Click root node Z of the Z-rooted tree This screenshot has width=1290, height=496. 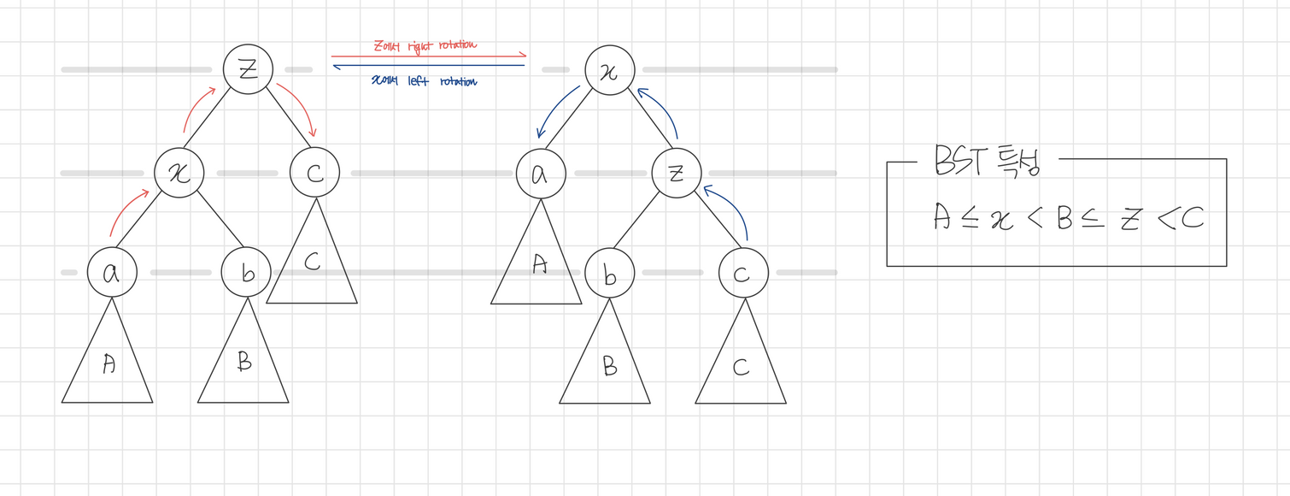click(248, 69)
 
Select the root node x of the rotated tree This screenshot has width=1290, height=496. click(609, 69)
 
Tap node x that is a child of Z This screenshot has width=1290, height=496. click(179, 172)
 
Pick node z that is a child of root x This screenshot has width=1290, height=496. click(677, 173)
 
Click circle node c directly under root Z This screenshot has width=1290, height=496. click(314, 172)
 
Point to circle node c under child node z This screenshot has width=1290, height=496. click(743, 273)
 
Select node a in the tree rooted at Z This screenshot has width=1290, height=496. click(111, 273)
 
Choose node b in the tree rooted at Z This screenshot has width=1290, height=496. click(246, 273)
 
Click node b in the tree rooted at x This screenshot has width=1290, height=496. click(609, 273)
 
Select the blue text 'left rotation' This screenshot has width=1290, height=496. click(448, 82)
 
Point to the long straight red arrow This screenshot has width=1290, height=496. click(427, 56)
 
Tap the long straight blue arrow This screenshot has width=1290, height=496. click(427, 66)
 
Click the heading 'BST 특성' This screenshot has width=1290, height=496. click(988, 161)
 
